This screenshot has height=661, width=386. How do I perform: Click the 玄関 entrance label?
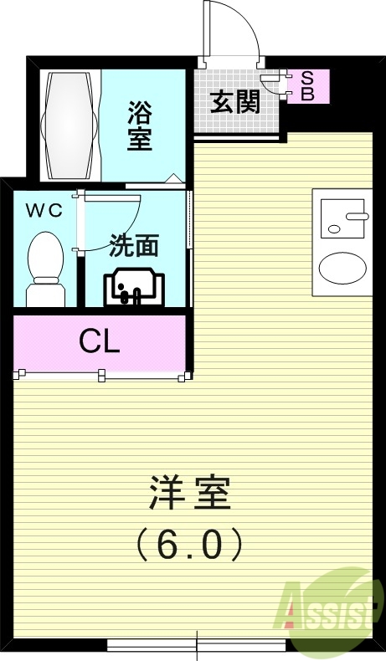pos(234,103)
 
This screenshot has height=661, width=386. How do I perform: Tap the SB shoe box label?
pos(306,86)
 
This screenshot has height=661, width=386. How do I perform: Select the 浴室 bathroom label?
pos(140,126)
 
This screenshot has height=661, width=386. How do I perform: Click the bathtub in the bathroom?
pos(70,125)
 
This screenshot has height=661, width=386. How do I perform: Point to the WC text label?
pos(43,211)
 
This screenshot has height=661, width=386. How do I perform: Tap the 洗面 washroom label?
pos(134,246)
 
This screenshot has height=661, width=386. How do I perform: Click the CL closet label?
pos(99,341)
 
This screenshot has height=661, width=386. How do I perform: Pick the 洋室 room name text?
pos(189,494)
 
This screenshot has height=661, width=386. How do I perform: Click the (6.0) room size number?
pos(189,545)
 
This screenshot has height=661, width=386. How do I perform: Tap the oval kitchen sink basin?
pos(342,269)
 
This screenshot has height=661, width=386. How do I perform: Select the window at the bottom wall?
pos(197,645)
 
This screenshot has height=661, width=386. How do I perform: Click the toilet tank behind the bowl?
pos(45,295)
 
